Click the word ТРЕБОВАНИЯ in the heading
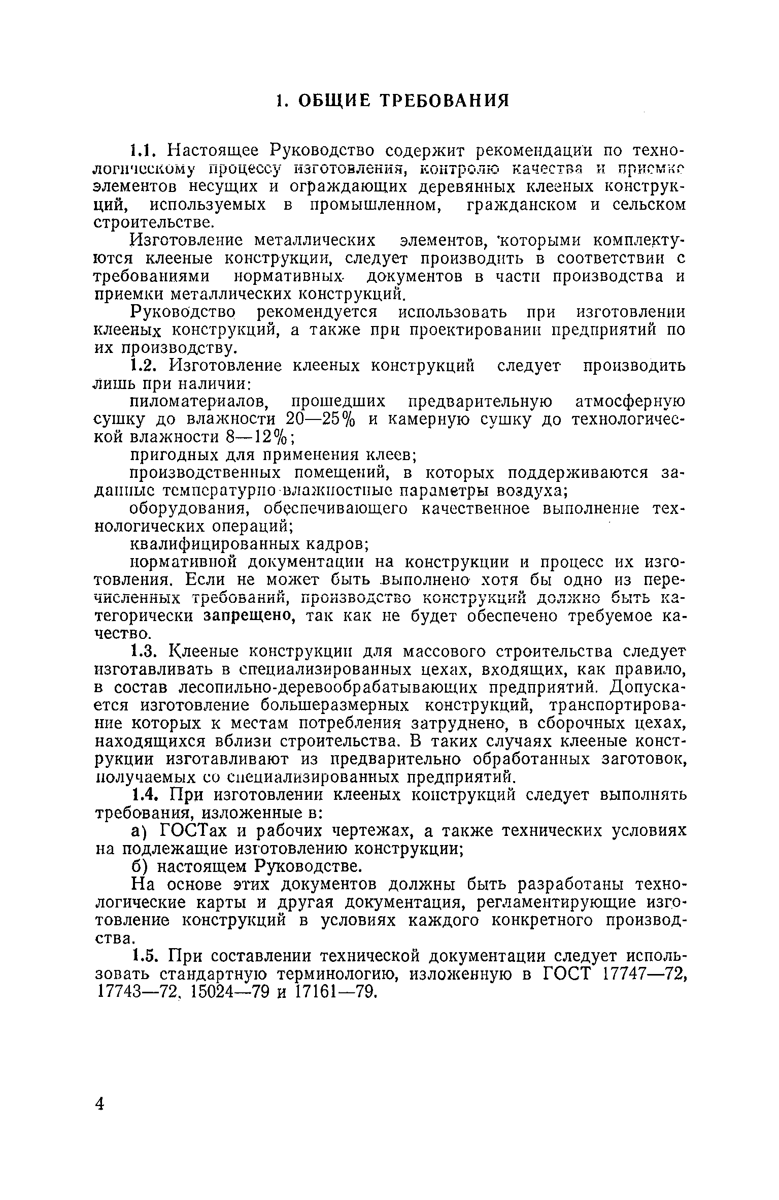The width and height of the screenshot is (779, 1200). (x=445, y=101)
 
